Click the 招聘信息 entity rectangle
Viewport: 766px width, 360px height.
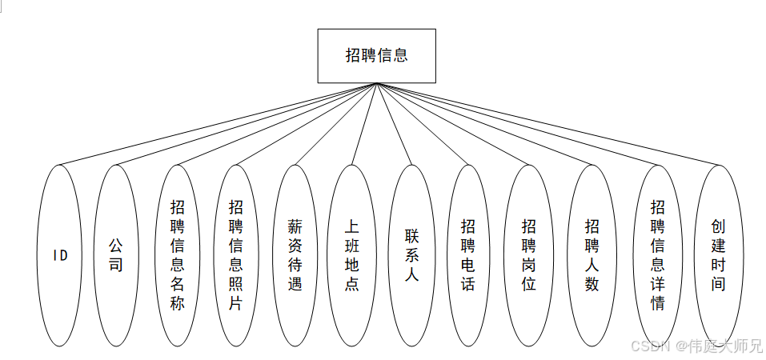(x=376, y=56)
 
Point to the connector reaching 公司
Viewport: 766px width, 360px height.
(x=245, y=124)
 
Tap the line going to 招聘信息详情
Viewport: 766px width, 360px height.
(x=516, y=124)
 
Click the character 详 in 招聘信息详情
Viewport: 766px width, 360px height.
(x=657, y=284)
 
